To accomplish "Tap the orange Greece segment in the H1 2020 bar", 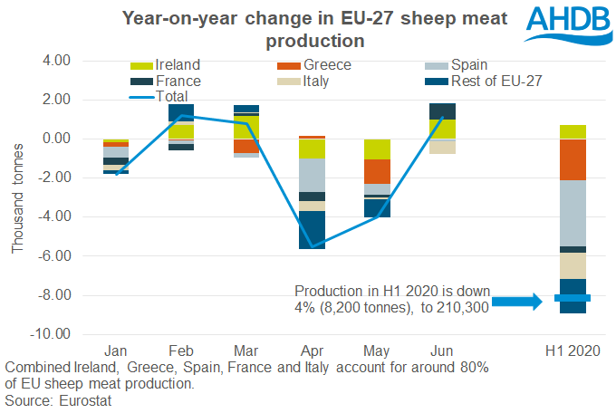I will pos(573,159).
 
